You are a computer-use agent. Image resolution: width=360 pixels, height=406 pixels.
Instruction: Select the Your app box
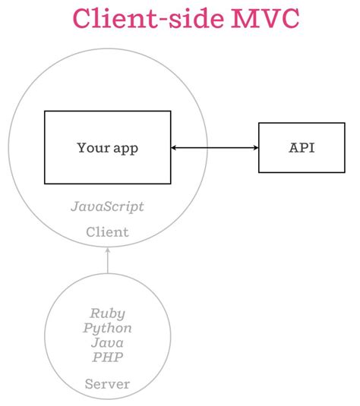107,147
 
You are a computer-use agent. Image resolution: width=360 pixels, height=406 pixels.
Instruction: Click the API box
302,147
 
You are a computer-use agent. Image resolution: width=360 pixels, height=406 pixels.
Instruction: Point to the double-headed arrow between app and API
215,147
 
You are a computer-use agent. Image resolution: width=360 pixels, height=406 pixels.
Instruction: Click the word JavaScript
107,206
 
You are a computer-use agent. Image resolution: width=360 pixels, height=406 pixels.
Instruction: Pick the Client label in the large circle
107,231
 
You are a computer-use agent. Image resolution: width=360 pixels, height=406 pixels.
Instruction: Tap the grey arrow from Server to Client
107,263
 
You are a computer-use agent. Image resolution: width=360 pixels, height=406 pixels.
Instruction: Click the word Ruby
107,313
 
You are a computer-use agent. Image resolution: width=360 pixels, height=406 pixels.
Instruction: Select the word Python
107,328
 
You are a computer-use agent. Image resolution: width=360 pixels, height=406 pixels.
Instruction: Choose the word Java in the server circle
107,343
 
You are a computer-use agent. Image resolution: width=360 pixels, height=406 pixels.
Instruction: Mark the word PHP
107,357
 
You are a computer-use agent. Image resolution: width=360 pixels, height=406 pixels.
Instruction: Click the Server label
107,384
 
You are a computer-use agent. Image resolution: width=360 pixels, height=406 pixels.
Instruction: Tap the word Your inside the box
93,147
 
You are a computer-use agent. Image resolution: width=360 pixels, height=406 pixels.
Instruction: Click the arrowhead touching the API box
255,147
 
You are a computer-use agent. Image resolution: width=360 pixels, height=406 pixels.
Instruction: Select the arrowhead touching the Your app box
175,147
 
